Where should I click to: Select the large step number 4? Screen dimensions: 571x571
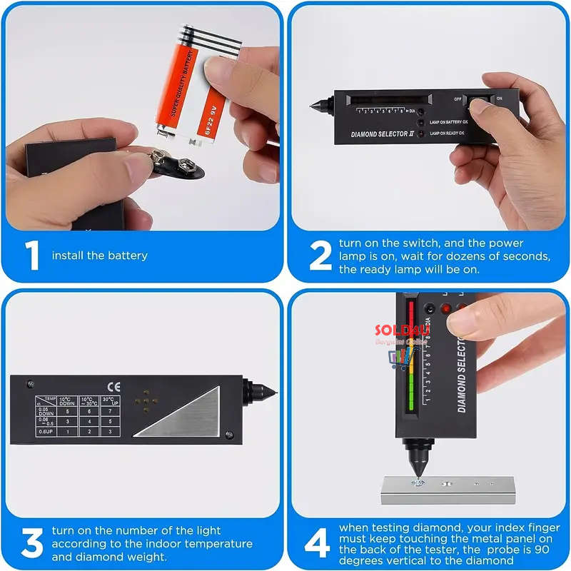(318, 543)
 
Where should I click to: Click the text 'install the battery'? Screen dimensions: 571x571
(99, 256)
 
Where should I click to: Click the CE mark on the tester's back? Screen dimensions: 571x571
(109, 388)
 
